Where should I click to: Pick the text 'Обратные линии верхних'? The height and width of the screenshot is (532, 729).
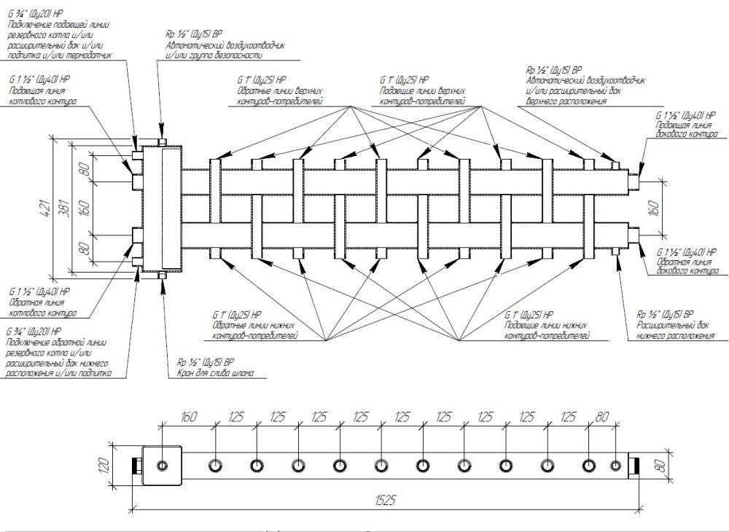281,91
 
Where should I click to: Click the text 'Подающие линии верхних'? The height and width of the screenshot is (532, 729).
423,91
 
